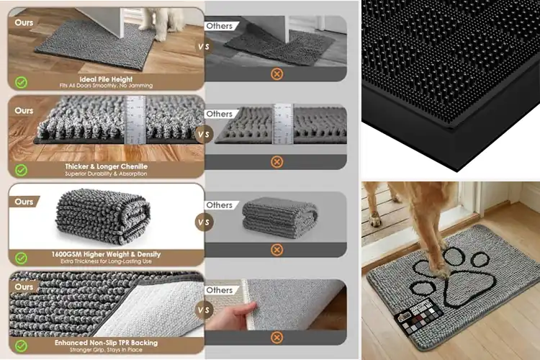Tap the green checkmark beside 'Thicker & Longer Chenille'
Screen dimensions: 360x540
22,170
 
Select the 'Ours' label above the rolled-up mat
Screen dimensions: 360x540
24,202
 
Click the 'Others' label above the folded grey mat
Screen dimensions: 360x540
219,204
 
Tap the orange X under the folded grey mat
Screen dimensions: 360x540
276,250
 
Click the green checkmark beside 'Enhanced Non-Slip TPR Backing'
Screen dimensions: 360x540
22,345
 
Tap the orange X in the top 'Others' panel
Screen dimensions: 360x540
276,73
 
